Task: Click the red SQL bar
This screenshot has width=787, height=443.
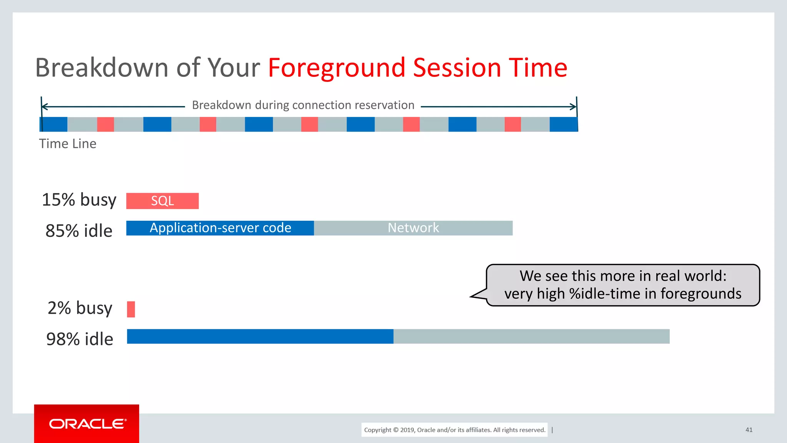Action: click(x=162, y=201)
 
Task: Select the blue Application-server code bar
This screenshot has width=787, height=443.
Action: click(x=220, y=228)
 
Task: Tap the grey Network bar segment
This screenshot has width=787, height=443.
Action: click(x=413, y=228)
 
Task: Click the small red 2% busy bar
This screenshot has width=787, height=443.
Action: click(x=131, y=309)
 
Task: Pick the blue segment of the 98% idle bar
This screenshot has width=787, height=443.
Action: click(x=260, y=336)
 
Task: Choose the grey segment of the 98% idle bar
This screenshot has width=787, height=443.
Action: click(x=531, y=336)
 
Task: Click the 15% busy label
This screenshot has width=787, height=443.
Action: click(x=79, y=200)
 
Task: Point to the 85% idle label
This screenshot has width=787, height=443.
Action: click(x=79, y=231)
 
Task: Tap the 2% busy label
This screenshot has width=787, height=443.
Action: click(x=80, y=308)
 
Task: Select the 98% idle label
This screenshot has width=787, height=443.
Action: click(x=80, y=339)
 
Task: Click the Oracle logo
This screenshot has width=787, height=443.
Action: click(x=87, y=424)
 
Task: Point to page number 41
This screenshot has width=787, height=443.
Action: click(x=749, y=430)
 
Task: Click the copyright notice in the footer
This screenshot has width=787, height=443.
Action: click(x=455, y=430)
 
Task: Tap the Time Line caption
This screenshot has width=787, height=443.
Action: click(x=68, y=144)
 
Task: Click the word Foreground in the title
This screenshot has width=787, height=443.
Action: click(x=337, y=68)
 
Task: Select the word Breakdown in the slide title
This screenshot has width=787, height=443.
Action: click(x=102, y=68)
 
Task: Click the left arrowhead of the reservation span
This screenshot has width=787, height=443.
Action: click(x=44, y=107)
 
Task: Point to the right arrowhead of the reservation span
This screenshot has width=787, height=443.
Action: click(x=574, y=107)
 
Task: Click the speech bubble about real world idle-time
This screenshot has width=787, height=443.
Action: click(x=623, y=285)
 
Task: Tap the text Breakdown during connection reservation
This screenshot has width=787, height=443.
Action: click(x=303, y=105)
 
